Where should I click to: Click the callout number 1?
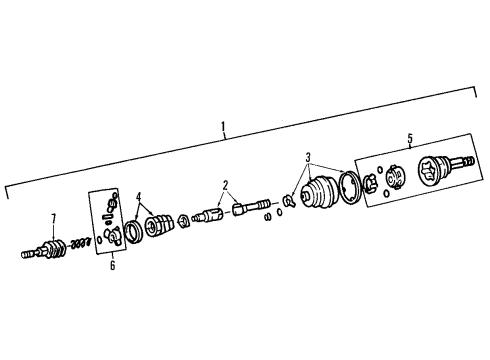[224, 128]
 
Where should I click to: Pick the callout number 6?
[112, 265]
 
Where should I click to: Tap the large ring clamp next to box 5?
[351, 187]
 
